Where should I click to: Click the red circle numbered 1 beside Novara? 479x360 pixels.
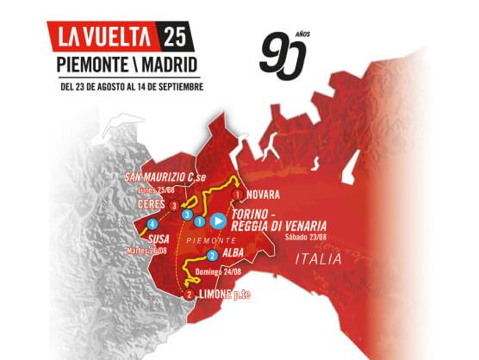tap(235, 195)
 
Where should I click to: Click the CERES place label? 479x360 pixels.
tap(151, 205)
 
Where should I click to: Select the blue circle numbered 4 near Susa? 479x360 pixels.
tap(151, 227)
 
